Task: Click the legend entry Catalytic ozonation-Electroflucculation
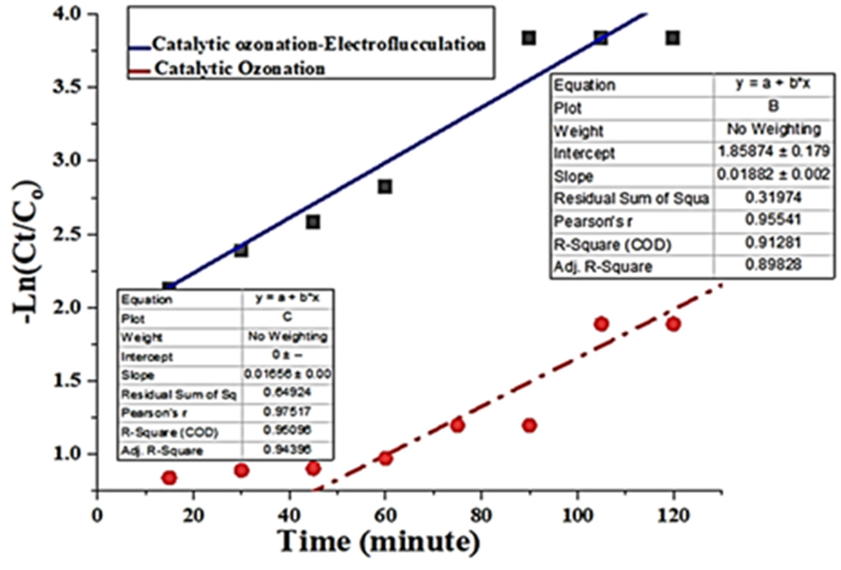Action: (x=318, y=45)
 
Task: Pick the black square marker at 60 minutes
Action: (x=385, y=187)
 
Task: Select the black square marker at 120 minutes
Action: (x=673, y=38)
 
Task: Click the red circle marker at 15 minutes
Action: (x=169, y=478)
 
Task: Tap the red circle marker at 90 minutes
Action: (x=529, y=425)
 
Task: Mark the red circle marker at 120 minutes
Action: (x=673, y=324)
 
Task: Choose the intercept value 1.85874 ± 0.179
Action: (x=773, y=151)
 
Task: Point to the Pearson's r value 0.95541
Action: (x=773, y=220)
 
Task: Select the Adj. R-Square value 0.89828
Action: (x=773, y=265)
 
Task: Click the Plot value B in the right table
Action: (x=773, y=106)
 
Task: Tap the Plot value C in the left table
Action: (x=287, y=317)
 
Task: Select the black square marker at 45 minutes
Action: (x=313, y=222)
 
